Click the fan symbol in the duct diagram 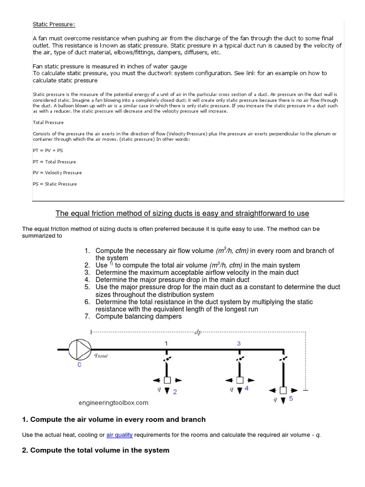tap(79, 350)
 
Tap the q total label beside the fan tap(101, 356)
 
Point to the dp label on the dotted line tap(198, 332)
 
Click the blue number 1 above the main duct tap(166, 343)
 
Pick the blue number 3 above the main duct tap(239, 343)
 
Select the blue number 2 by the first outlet tap(175, 392)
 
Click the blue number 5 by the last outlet tap(291, 399)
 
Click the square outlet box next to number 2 tap(167, 380)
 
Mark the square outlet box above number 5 tap(283, 390)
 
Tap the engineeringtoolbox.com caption tap(114, 403)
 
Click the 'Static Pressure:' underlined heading tap(54, 24)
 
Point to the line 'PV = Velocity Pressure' tap(57, 173)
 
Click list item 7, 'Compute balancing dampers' tap(138, 316)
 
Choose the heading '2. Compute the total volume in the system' tap(96, 450)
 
